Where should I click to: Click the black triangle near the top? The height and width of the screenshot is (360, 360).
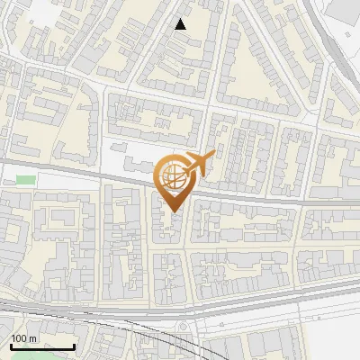[x=181, y=24]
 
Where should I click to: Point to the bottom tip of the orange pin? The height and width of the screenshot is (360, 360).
[x=172, y=212]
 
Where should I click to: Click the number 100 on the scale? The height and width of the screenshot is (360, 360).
[x=19, y=338]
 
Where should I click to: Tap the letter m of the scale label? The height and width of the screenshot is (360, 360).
[x=32, y=338]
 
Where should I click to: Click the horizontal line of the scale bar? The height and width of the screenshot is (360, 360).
[x=42, y=346]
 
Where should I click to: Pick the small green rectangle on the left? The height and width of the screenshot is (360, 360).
[x=26, y=180]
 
